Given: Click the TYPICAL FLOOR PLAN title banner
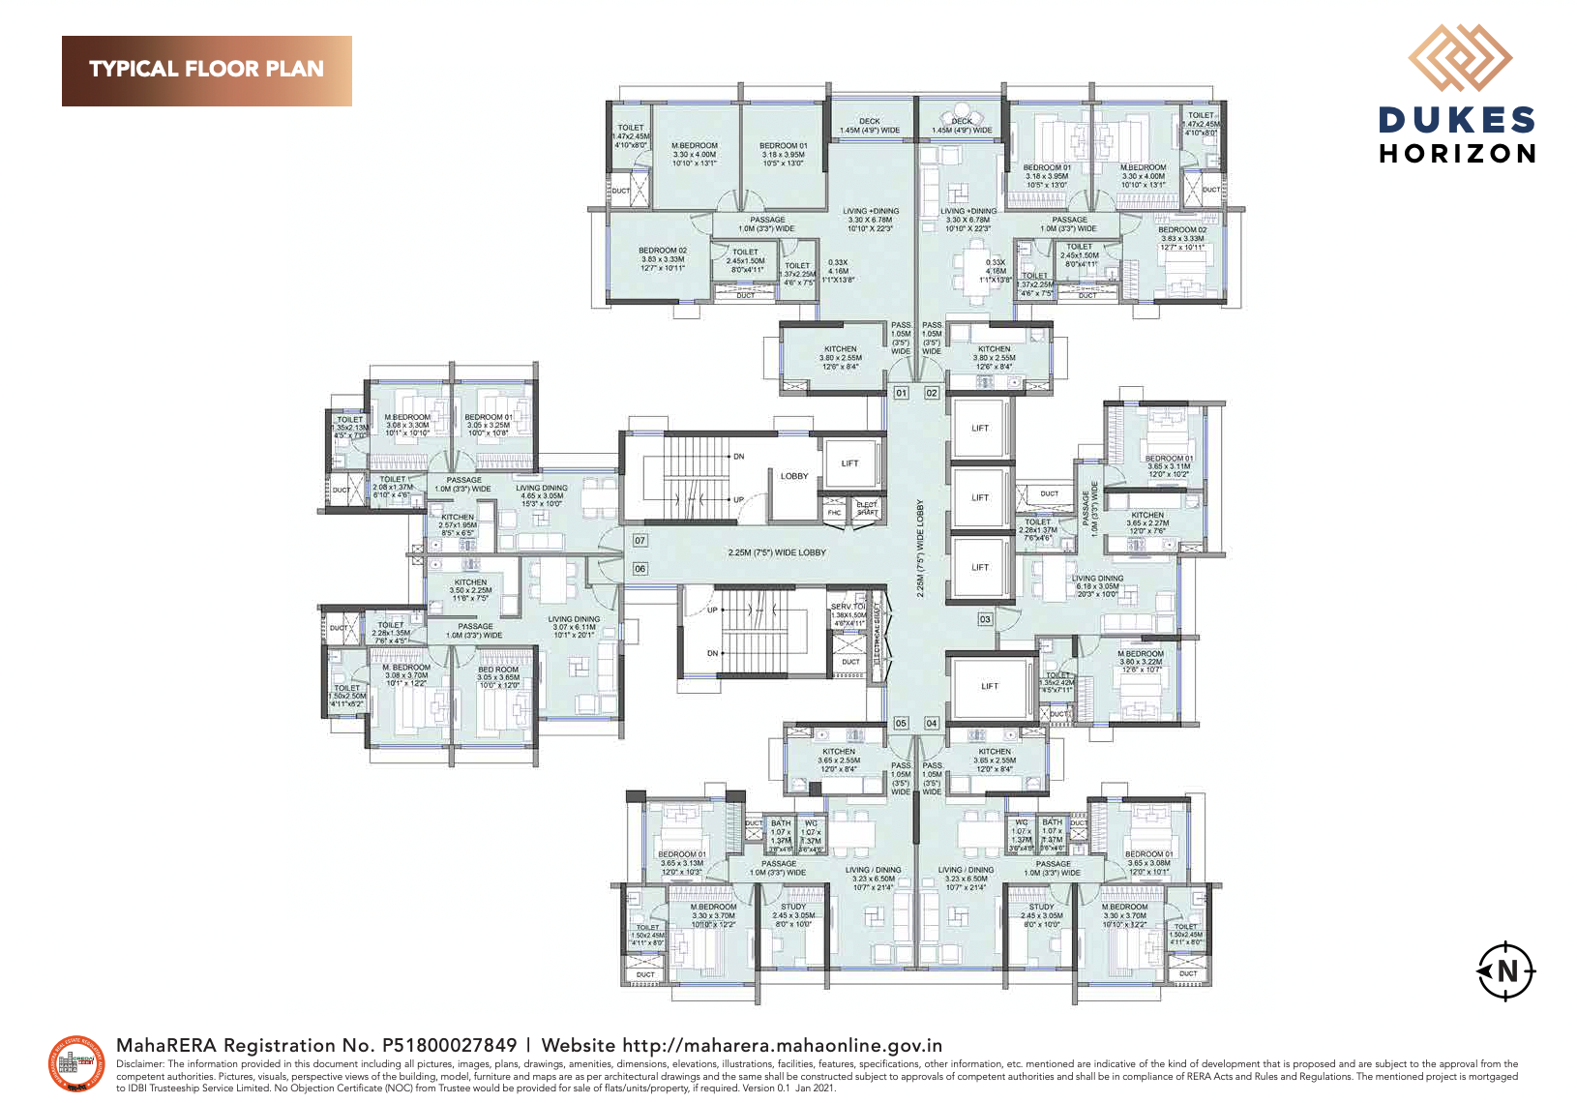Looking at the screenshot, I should (x=206, y=71).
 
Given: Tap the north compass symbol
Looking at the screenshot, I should (x=1505, y=969).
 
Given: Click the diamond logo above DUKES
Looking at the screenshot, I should (x=1459, y=59).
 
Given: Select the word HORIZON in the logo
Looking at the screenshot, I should (x=1458, y=154).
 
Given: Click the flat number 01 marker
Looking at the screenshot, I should (x=901, y=393).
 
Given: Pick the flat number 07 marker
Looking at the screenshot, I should (x=640, y=540).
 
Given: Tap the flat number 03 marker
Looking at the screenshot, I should (x=985, y=619).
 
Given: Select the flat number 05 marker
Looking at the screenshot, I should (x=901, y=723).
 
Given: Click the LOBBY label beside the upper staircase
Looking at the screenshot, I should (x=794, y=476).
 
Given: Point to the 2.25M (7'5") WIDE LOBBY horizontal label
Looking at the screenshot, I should (x=777, y=552).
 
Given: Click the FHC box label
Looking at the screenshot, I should (x=834, y=512).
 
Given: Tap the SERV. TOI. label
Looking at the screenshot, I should (x=848, y=607).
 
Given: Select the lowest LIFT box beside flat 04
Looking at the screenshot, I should (x=990, y=686).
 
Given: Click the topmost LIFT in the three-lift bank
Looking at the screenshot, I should (x=980, y=428).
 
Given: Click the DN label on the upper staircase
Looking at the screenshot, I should (x=738, y=456).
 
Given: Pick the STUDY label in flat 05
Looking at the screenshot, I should (x=793, y=907).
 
